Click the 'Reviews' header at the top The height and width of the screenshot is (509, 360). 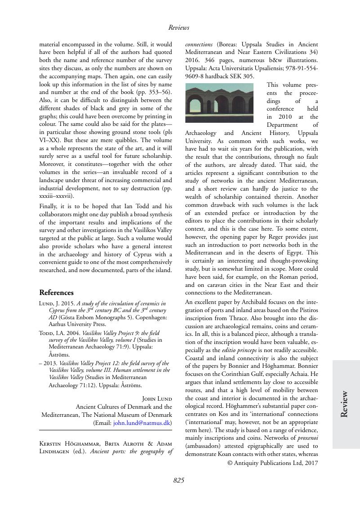(x=179, y=27)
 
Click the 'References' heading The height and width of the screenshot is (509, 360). (x=56, y=292)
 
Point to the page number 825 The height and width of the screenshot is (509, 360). (x=179, y=481)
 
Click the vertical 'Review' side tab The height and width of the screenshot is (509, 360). (x=345, y=404)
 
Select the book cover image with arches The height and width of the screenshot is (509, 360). (x=219, y=103)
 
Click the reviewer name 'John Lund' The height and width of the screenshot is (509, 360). (x=157, y=398)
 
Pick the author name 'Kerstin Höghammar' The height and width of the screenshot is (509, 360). (x=66, y=444)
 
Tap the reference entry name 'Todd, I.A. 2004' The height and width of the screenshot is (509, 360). (x=60, y=333)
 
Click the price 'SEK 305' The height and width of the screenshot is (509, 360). (x=243, y=76)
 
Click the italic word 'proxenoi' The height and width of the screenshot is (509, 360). (x=306, y=438)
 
